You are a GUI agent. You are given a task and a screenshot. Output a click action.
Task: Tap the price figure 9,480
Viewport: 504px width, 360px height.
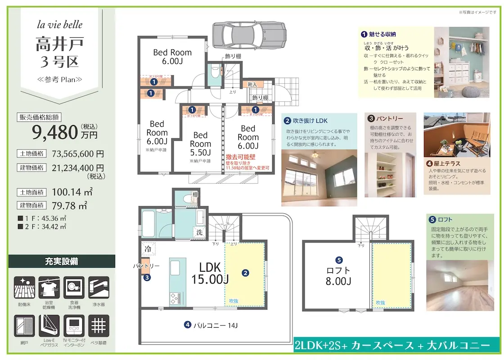(55, 132)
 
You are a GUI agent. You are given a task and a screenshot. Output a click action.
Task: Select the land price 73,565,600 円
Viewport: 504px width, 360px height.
(78, 153)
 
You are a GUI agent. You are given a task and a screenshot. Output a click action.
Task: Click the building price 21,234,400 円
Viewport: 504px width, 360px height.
(78, 167)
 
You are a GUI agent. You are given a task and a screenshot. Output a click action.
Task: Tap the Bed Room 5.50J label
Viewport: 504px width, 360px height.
(200, 144)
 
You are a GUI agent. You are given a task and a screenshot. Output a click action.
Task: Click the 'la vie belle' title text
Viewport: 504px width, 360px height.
(60, 25)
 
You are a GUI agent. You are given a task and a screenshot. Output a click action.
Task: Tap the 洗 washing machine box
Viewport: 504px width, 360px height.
(199, 233)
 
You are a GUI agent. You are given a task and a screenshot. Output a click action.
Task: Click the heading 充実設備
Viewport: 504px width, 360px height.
(61, 261)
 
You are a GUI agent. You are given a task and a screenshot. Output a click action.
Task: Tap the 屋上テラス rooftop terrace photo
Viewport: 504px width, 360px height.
(457, 135)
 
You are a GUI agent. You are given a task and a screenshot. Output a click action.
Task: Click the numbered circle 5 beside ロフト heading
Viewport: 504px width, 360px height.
(432, 220)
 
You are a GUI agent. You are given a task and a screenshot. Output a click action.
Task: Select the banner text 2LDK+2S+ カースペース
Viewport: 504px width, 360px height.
(355, 346)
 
